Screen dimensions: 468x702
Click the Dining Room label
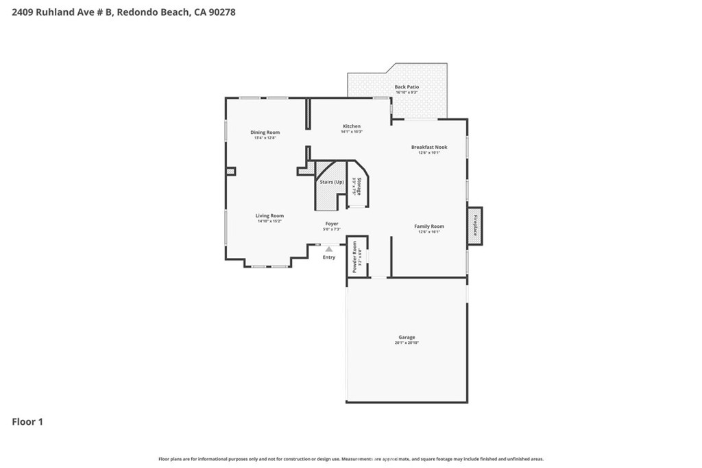[x=265, y=132]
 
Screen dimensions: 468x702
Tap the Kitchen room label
[x=352, y=126]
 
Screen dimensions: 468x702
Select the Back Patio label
[x=407, y=87]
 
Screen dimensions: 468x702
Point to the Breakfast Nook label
[x=429, y=147]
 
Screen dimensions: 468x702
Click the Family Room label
[x=429, y=226]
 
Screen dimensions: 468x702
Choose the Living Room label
[x=269, y=215]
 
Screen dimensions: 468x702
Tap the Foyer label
[x=332, y=223]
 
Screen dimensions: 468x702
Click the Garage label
[x=407, y=337]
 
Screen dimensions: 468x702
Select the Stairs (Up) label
[x=332, y=182]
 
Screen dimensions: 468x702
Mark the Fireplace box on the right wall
[x=474, y=224]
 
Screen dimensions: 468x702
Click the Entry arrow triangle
[x=329, y=249]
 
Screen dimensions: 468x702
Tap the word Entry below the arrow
[x=329, y=257]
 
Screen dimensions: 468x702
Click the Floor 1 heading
[x=27, y=422]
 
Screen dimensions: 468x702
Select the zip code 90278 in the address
[x=221, y=12]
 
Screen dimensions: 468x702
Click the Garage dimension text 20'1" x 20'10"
[x=407, y=343]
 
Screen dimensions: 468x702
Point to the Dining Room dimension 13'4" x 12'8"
[x=265, y=138]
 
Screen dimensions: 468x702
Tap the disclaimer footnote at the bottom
[x=351, y=459]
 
